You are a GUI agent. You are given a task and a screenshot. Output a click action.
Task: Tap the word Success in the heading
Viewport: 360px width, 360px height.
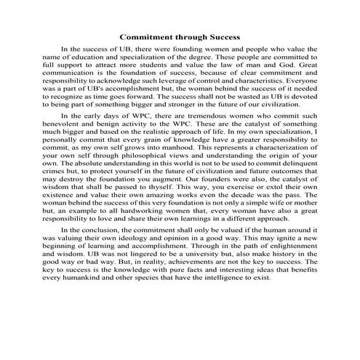coord(222,35)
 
